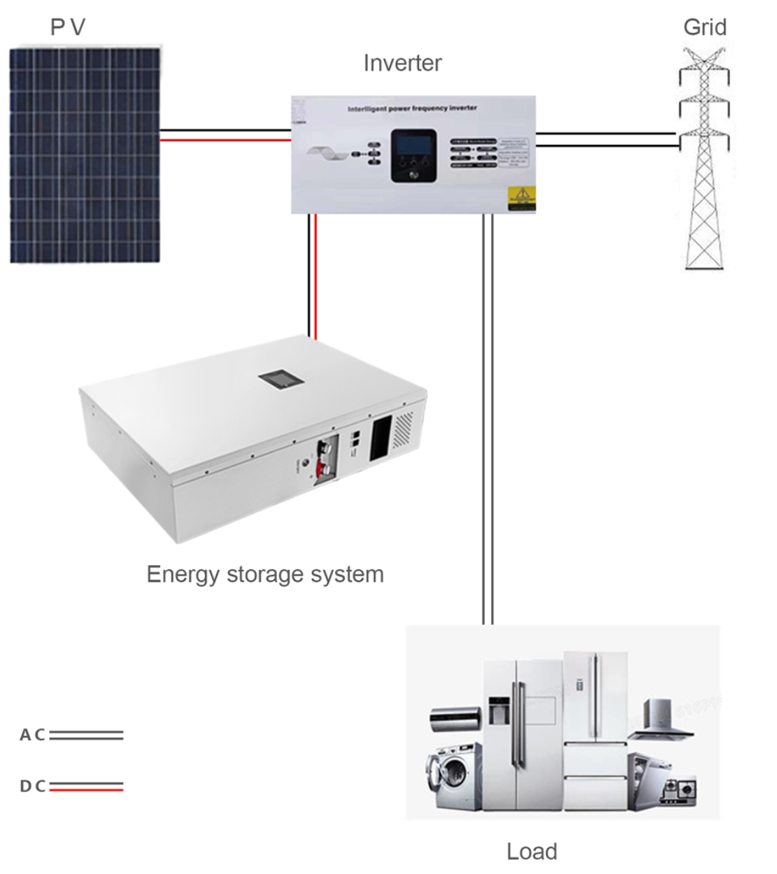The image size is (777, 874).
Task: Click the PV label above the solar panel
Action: pyautogui.click(x=68, y=27)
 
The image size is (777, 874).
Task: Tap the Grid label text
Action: pyautogui.click(x=704, y=27)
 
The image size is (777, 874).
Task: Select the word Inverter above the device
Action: pyautogui.click(x=402, y=63)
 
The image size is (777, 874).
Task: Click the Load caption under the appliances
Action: pyautogui.click(x=532, y=851)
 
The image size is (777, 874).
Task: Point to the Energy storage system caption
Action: pyautogui.click(x=265, y=574)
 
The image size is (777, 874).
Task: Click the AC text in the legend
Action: pyautogui.click(x=32, y=735)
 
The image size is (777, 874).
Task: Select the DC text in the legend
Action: pyautogui.click(x=32, y=786)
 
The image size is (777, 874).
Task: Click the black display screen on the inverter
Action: pyautogui.click(x=413, y=147)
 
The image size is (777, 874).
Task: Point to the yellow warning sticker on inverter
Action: pyautogui.click(x=522, y=198)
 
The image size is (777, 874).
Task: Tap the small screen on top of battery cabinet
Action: pyautogui.click(x=281, y=379)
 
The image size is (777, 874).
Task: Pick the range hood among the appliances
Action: pyautogui.click(x=660, y=720)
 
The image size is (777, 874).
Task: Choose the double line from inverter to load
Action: pyautogui.click(x=487, y=420)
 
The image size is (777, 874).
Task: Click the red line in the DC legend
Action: pyautogui.click(x=86, y=789)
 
